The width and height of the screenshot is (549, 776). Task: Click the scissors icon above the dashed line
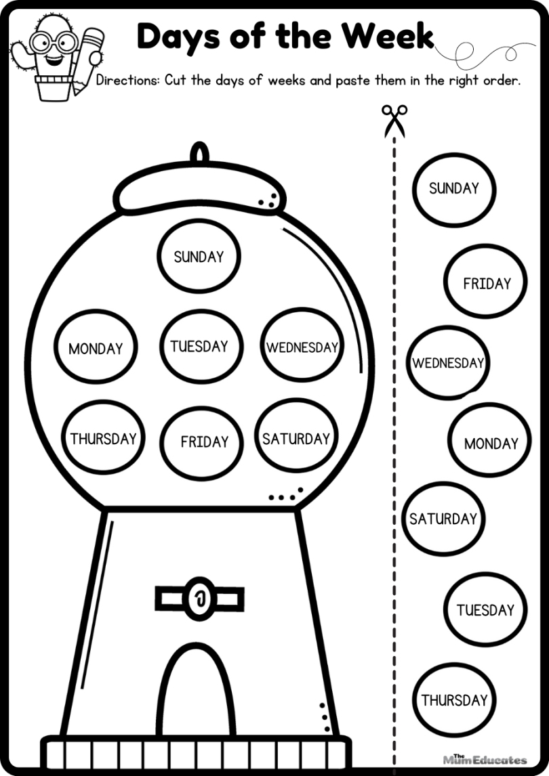point(394,119)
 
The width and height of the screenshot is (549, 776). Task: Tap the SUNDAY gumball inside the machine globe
point(199,257)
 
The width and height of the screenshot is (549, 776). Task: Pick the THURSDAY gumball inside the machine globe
point(104,438)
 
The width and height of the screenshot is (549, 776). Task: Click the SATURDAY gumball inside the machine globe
point(296,438)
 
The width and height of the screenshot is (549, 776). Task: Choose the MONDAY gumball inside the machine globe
point(96,349)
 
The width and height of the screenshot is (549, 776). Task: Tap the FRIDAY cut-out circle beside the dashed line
point(486,283)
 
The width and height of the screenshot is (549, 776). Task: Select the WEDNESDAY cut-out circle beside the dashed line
point(447,363)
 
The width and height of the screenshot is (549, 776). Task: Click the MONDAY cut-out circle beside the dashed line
point(490,444)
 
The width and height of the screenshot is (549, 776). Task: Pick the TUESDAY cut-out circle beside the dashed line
point(485,609)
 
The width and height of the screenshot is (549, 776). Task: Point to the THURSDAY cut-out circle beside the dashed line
point(454,699)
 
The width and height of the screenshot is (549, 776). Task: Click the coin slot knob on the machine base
point(199,598)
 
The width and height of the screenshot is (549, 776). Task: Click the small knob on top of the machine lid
point(199,152)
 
